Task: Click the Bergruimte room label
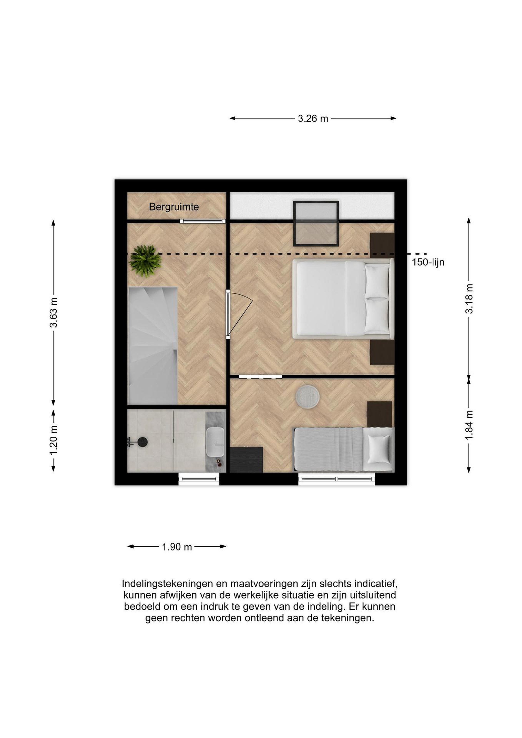[174, 207]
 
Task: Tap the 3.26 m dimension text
[313, 119]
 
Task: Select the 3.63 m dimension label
[54, 313]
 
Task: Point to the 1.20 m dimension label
[54, 440]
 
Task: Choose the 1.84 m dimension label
[469, 425]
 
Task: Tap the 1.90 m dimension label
[177, 547]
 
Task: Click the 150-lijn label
[428, 262]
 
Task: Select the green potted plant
[145, 261]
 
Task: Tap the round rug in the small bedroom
[308, 397]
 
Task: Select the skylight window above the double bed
[316, 223]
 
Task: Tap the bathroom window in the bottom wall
[199, 479]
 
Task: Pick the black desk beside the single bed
[247, 460]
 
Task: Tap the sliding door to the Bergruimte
[202, 221]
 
